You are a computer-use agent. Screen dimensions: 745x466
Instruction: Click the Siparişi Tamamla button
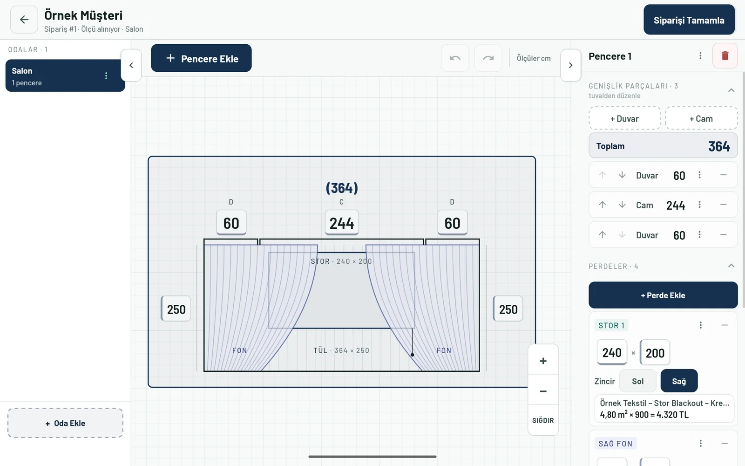(x=689, y=20)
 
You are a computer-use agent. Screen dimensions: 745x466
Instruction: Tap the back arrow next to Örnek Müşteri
(x=24, y=20)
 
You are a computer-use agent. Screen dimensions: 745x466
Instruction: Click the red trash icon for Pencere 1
(x=725, y=56)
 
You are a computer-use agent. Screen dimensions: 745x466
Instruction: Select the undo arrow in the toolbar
(x=455, y=58)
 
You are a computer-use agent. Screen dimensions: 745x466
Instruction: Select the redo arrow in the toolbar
(x=488, y=58)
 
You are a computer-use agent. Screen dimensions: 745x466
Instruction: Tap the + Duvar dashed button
(x=624, y=118)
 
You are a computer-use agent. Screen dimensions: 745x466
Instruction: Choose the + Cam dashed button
(x=701, y=118)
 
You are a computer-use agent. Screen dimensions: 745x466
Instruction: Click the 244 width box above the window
(x=342, y=223)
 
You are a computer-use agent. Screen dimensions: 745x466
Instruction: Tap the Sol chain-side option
(x=637, y=381)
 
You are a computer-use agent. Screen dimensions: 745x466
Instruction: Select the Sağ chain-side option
(x=679, y=381)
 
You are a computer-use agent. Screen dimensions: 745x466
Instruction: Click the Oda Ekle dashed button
(x=65, y=423)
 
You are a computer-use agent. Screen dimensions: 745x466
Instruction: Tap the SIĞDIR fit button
(x=543, y=420)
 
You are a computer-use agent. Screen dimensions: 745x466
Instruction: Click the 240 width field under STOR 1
(x=612, y=352)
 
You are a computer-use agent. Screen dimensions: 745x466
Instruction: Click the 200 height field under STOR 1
(x=655, y=352)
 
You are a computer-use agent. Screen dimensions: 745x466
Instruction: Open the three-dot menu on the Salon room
(x=106, y=76)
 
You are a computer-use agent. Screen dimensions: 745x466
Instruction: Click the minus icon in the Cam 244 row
(x=724, y=205)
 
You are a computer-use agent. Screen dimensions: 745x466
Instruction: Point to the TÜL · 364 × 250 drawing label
(x=341, y=350)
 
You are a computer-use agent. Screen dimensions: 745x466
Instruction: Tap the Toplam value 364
(x=719, y=146)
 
